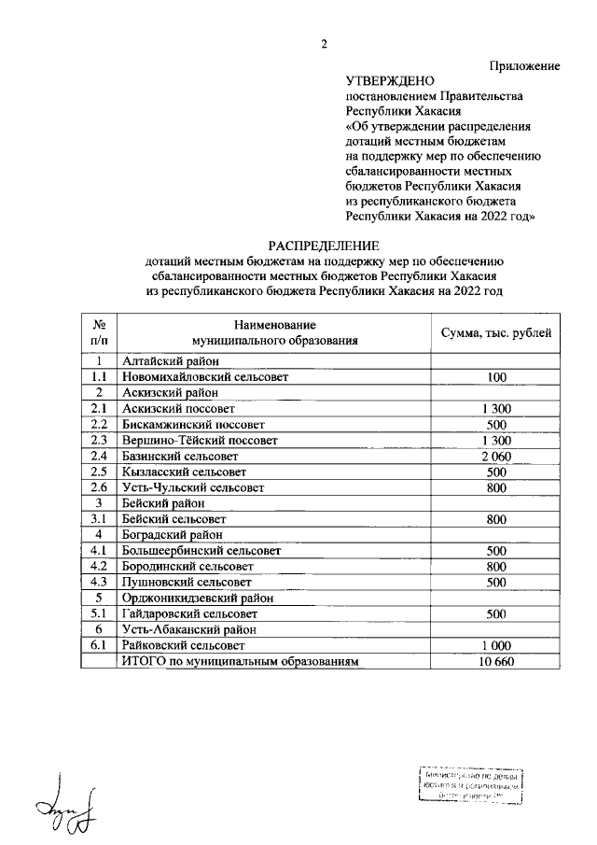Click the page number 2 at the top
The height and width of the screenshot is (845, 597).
pyautogui.click(x=325, y=45)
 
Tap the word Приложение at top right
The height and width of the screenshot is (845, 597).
pyautogui.click(x=524, y=65)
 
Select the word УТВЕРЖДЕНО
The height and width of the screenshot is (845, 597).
pyautogui.click(x=384, y=81)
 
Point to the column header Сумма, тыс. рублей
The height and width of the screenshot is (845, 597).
pyautogui.click(x=496, y=332)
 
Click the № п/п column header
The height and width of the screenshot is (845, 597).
pyautogui.click(x=97, y=332)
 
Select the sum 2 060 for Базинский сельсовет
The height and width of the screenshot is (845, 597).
pyautogui.click(x=496, y=456)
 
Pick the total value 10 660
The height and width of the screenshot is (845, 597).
pyautogui.click(x=496, y=661)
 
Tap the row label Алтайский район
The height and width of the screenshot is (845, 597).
pyautogui.click(x=171, y=360)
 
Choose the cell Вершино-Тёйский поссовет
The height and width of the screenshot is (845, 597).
pyautogui.click(x=201, y=440)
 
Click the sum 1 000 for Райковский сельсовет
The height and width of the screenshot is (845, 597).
pyautogui.click(x=496, y=645)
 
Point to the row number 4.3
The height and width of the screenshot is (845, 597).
pyautogui.click(x=97, y=582)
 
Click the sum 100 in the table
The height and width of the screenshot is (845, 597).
pyautogui.click(x=496, y=376)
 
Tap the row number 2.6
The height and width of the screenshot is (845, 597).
pyautogui.click(x=97, y=487)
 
